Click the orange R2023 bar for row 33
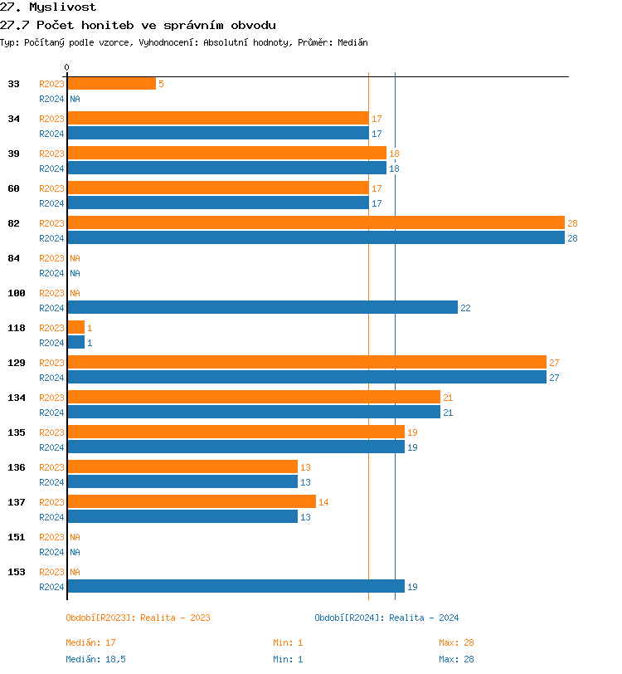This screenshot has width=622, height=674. point(111,84)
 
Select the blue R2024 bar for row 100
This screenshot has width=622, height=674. point(262,307)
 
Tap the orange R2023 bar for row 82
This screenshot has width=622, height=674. point(315,223)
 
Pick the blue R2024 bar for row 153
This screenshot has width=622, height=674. point(236,586)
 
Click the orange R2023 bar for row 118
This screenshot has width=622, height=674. point(76,328)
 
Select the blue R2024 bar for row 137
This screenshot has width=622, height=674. point(182,516)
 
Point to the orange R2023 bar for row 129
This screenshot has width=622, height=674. point(307,363)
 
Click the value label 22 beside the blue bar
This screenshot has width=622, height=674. point(465,308)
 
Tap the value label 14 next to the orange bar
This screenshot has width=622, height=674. point(323,502)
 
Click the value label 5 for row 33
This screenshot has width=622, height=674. point(161,85)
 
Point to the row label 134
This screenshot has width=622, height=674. point(17,398)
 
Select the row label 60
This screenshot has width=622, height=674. point(14,188)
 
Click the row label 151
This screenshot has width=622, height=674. point(17,537)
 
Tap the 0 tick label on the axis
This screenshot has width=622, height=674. point(67,67)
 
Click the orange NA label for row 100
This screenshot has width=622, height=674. point(75,293)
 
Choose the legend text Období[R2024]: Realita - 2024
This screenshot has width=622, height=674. point(386,618)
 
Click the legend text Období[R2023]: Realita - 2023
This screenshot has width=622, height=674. point(138,618)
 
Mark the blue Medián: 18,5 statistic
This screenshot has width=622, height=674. point(95,659)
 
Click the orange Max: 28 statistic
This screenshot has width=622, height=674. point(456,642)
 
